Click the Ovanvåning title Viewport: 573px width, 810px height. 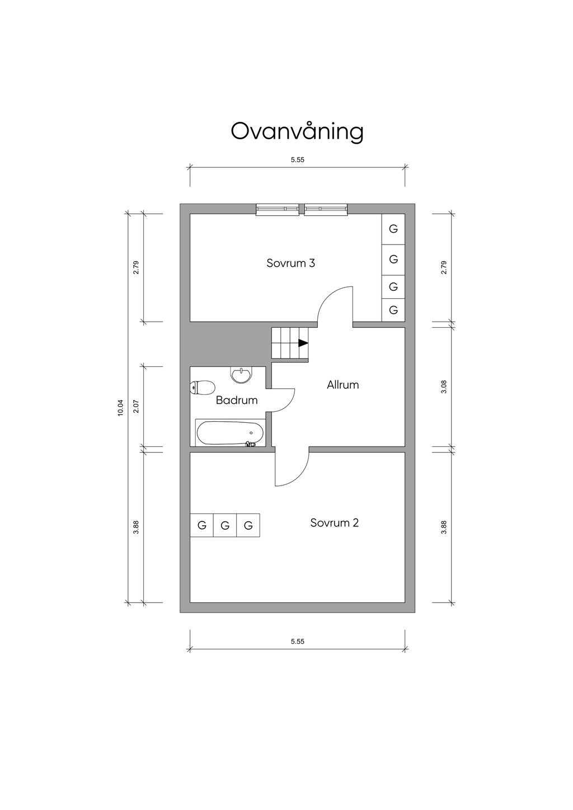[297, 131]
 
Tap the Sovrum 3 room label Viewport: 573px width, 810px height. [291, 263]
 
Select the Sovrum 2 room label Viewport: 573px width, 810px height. [334, 522]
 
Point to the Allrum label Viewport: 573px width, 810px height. [342, 385]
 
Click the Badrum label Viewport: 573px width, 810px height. [237, 400]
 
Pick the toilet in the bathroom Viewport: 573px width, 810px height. [203, 388]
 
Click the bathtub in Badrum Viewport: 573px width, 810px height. [230, 433]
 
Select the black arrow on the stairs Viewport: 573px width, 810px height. [303, 343]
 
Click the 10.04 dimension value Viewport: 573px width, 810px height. [120, 408]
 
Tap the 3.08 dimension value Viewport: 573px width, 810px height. [444, 387]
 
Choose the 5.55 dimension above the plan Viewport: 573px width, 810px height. [297, 160]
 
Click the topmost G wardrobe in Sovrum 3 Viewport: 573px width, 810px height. [393, 229]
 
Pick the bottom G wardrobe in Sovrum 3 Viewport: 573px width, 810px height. [393, 310]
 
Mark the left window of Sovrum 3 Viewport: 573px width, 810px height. [278, 209]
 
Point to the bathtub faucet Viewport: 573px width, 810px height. [250, 444]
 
